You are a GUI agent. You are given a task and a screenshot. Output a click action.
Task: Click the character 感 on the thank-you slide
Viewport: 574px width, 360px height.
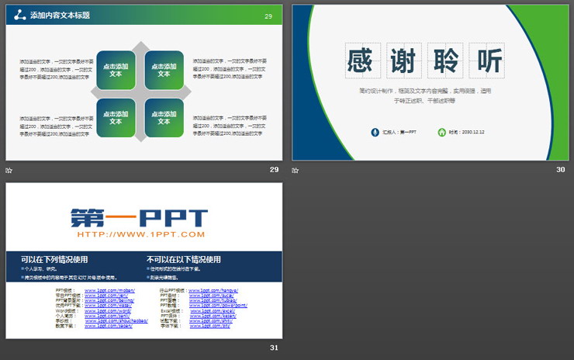tap(360, 61)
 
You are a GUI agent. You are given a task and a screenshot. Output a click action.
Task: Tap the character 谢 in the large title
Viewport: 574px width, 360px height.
tap(403, 61)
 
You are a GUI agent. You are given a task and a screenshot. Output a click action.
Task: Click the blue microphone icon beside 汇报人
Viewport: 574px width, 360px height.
tap(375, 132)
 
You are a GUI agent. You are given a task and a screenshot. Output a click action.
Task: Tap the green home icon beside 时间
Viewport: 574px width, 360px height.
tap(441, 132)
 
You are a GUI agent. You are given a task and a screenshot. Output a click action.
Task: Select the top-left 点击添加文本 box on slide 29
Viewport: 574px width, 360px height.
tap(116, 70)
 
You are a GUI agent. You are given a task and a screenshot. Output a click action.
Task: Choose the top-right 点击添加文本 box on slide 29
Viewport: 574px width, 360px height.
tap(164, 70)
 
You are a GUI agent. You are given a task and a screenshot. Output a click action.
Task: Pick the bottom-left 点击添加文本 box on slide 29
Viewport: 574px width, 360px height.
tap(116, 118)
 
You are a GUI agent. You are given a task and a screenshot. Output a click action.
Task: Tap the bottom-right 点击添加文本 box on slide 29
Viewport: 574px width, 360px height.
tap(164, 118)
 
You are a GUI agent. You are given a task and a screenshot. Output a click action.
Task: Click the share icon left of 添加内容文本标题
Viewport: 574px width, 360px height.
tap(19, 16)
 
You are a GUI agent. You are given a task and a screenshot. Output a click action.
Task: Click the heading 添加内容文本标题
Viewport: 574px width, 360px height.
tap(59, 16)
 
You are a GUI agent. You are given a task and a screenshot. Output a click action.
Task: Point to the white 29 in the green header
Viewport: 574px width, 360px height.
tap(268, 16)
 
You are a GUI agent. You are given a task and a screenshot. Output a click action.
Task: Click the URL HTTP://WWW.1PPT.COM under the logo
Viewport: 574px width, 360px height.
tap(140, 234)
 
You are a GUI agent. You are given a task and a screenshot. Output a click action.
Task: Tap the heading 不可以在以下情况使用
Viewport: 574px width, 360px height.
tap(184, 259)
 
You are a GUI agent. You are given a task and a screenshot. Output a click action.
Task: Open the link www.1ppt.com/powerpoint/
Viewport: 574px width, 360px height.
tap(225, 305)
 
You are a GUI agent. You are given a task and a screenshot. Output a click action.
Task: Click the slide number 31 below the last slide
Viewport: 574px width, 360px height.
tap(274, 347)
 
